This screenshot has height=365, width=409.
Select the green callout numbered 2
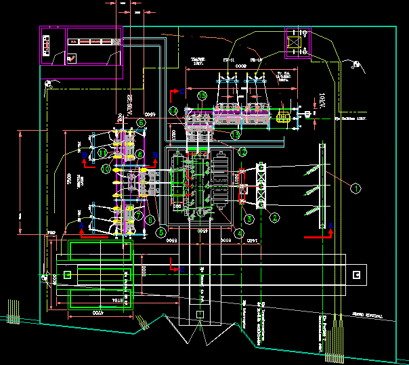(x=275, y=217)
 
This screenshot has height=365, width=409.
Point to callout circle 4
(x=240, y=234)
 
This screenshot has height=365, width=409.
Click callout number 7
(x=139, y=217)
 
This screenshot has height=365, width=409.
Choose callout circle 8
(x=139, y=155)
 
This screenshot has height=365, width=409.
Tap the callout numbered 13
(x=235, y=135)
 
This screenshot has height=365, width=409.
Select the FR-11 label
(x=228, y=61)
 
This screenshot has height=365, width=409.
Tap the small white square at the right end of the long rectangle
(x=356, y=274)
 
